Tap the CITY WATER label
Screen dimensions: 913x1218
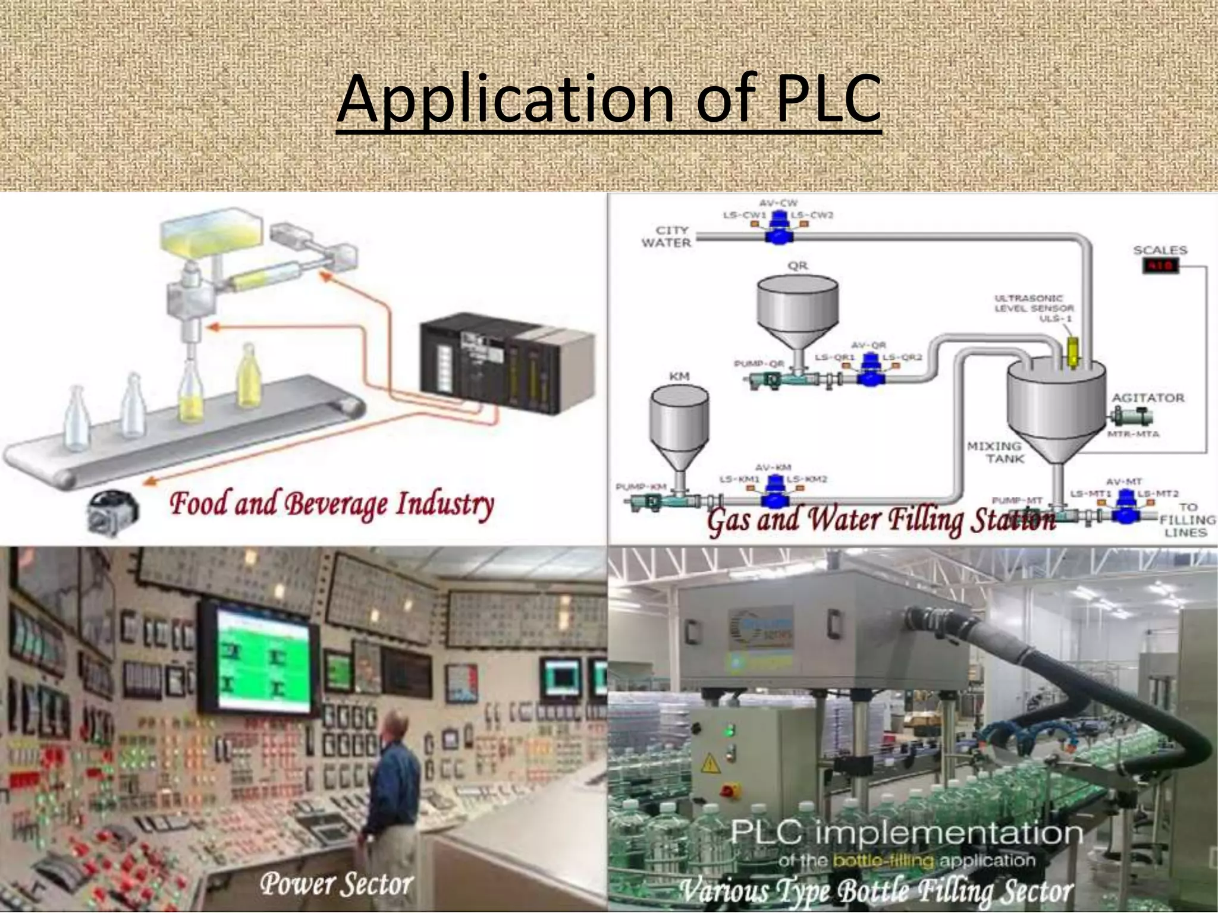[x=666, y=237]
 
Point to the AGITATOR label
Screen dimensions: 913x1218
[x=1148, y=398]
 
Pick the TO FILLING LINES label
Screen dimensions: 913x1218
[x=1186, y=520]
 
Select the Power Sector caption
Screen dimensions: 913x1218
[x=336, y=884]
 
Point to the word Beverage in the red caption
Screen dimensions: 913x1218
[x=337, y=504]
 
